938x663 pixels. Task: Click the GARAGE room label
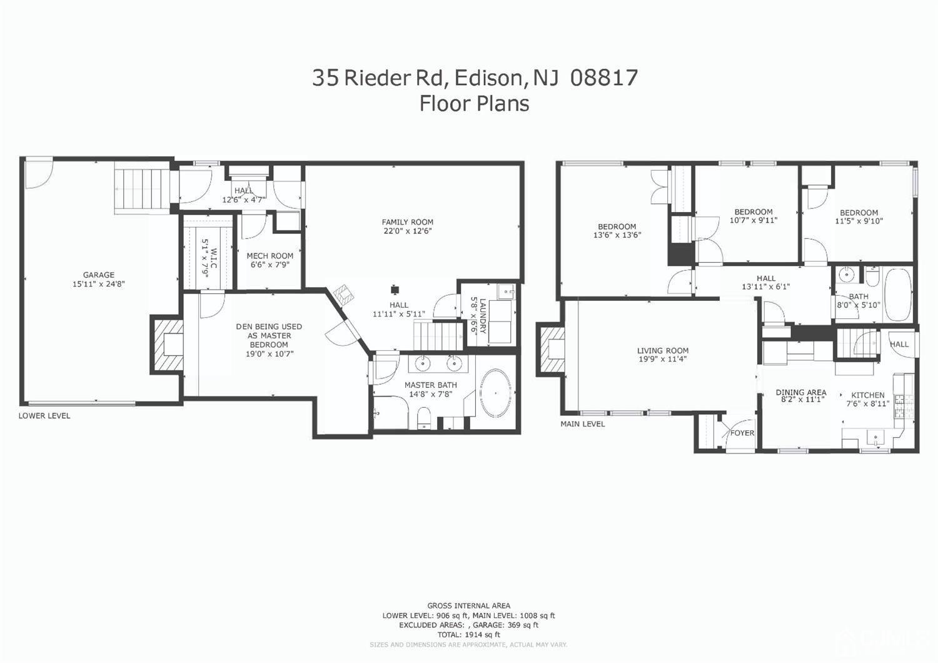[99, 275]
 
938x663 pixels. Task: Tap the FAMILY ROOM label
[407, 222]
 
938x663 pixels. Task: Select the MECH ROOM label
[270, 256]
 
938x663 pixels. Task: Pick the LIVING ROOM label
[662, 351]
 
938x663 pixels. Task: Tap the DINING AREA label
[800, 392]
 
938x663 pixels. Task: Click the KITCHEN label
[867, 395]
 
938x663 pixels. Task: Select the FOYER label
[742, 433]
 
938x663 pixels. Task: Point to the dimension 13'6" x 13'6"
[617, 236]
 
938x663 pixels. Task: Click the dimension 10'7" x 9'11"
[754, 220]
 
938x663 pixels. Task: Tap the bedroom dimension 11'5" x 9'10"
[859, 221]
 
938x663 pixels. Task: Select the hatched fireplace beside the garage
[167, 345]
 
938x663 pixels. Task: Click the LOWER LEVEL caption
[44, 416]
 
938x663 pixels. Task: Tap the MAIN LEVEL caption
[582, 424]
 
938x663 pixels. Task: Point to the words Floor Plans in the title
[474, 103]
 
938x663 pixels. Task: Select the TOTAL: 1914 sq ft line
[468, 634]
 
